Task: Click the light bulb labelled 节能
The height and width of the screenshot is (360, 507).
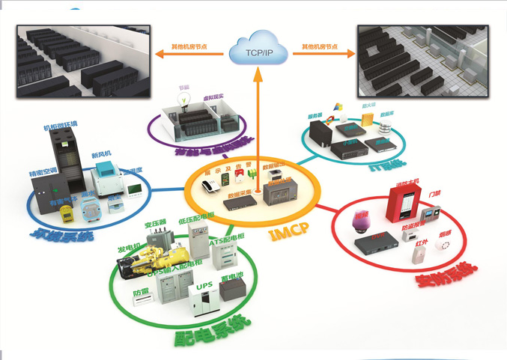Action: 182,103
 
